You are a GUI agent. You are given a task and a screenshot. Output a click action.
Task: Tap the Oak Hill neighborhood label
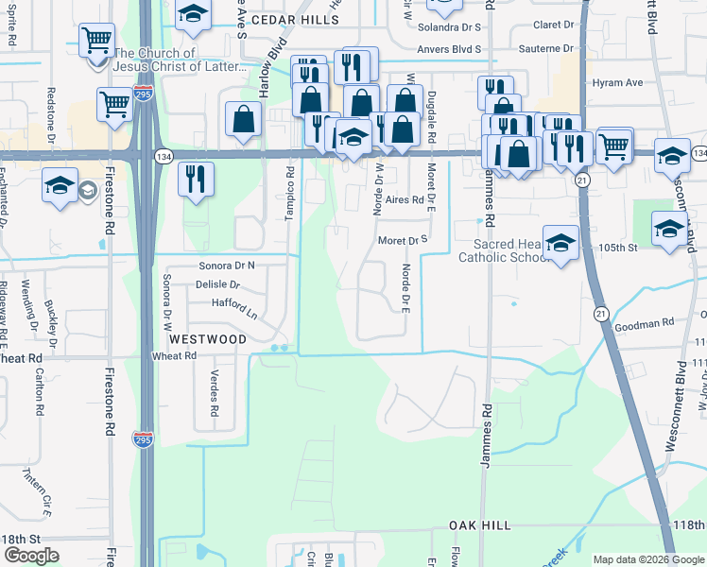pos(479,525)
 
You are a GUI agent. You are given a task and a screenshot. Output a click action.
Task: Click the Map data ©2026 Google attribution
pos(648,559)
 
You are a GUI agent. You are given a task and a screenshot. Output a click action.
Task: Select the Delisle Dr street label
pos(217,284)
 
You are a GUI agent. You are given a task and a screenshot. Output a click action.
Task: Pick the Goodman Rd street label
pos(640,324)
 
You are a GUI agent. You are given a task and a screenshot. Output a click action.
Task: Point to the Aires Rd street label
pos(404,200)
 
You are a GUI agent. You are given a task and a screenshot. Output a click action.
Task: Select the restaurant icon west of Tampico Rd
pos(196,179)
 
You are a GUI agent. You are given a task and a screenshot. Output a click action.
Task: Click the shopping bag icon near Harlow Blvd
pos(244,120)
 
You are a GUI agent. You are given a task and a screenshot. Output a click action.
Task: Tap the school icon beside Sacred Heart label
pos(560,242)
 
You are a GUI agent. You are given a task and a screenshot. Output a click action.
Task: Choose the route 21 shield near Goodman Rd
pos(600,312)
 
